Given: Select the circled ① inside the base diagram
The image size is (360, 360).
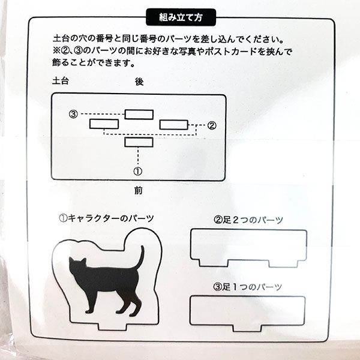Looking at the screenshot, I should pos(139,170).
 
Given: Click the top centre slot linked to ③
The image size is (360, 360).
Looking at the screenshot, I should pos(139,114).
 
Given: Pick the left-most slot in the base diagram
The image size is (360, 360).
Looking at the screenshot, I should pos(103,124).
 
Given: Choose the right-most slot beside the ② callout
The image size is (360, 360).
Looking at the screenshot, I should pos(174,124).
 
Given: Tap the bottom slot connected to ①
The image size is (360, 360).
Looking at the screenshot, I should pos(139,142).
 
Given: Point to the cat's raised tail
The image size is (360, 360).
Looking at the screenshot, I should pos(141,258).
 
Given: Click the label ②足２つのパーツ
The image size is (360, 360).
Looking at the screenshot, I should pos(248,220).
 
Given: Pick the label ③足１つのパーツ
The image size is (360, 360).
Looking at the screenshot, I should pos(248,287).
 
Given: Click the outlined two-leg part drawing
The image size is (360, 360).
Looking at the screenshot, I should pos(248,247).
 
